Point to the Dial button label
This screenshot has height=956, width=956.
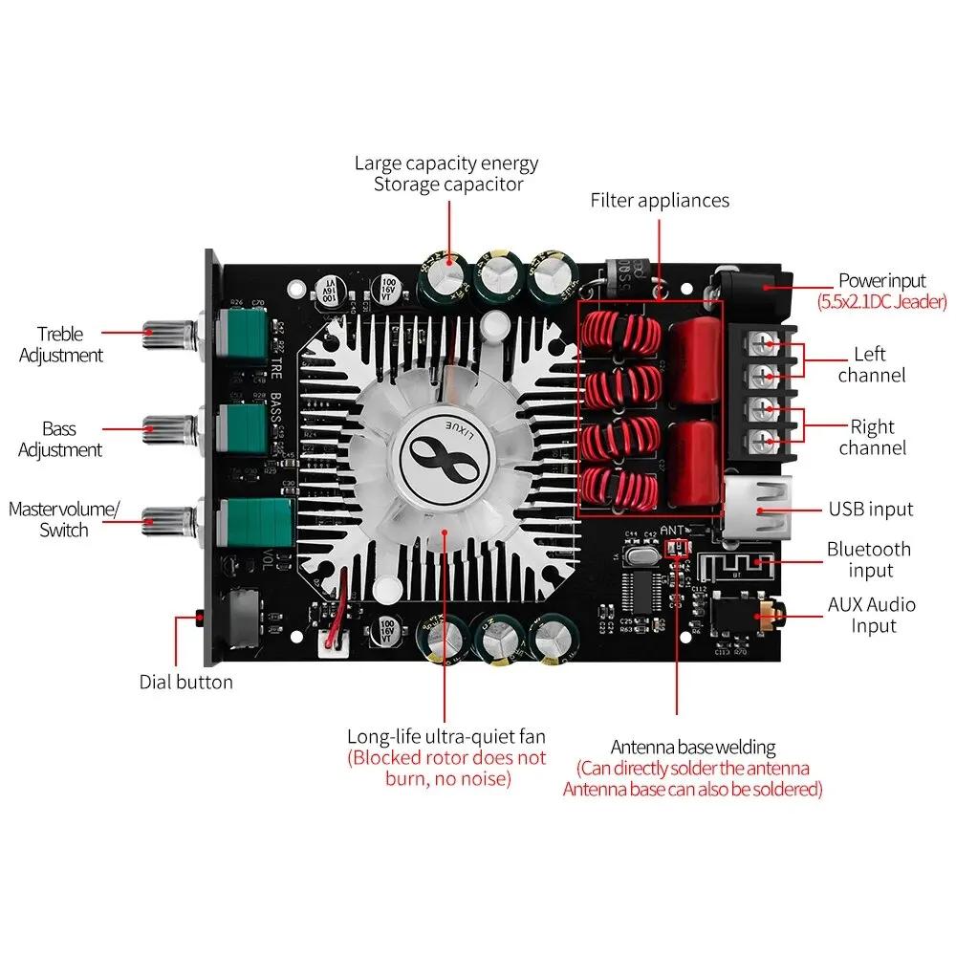tap(185, 682)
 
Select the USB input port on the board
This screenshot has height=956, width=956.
tap(750, 509)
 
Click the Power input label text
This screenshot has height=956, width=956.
tap(881, 280)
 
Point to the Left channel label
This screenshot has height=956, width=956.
tap(871, 364)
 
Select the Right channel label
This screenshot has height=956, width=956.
tap(872, 437)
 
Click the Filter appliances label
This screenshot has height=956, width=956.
tap(660, 200)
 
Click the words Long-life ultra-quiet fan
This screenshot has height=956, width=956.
tap(446, 736)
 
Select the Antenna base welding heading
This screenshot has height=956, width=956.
tap(693, 747)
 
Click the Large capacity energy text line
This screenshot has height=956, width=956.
tap(446, 163)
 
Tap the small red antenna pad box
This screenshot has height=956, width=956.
tap(676, 547)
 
